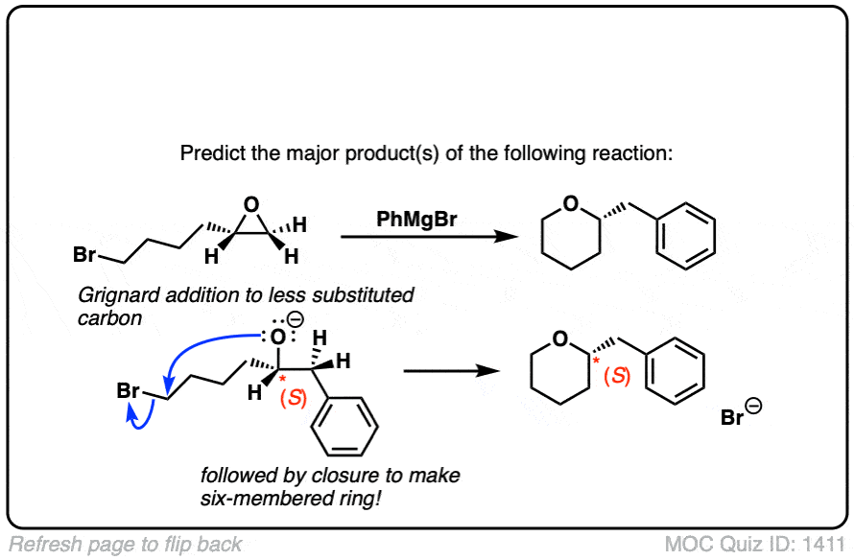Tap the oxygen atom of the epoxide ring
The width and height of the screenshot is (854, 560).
click(251, 204)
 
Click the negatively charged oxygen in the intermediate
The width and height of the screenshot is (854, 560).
click(276, 337)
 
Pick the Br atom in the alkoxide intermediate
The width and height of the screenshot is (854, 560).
click(129, 391)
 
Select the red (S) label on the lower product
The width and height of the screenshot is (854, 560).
click(619, 377)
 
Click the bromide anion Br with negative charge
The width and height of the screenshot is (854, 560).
click(734, 418)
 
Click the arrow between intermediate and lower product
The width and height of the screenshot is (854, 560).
click(442, 371)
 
